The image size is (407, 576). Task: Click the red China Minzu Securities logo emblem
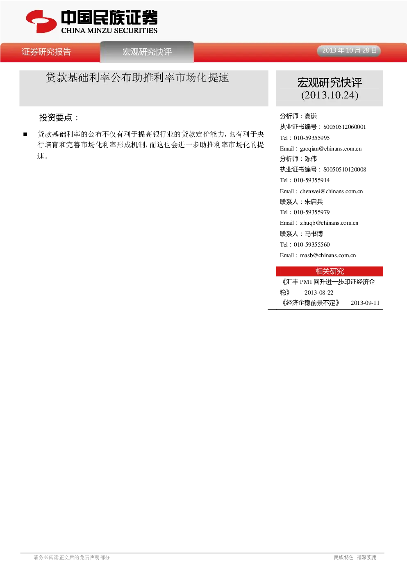click(41, 22)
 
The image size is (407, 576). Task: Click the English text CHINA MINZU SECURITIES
click(109, 31)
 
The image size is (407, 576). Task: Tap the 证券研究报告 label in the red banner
click(46, 52)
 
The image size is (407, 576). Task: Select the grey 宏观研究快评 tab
click(147, 52)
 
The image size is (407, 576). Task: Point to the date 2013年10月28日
click(349, 50)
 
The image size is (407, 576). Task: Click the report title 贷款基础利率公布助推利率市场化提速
click(137, 78)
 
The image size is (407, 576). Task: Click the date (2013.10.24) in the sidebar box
click(330, 95)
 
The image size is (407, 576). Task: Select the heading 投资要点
click(59, 117)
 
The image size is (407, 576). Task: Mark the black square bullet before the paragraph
click(25, 134)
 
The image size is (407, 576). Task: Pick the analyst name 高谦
click(311, 116)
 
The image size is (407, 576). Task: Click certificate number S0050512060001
click(345, 127)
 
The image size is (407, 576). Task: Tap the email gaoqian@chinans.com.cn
click(331, 149)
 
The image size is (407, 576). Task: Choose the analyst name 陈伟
click(311, 159)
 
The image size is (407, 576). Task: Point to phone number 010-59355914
click(312, 180)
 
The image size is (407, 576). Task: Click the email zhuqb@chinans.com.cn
click(329, 223)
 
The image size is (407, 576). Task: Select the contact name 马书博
click(314, 234)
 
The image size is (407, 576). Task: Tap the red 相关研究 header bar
click(330, 271)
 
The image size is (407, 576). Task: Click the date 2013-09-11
click(365, 303)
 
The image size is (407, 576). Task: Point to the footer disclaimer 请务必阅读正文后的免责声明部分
click(72, 557)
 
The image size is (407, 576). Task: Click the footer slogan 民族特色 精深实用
click(355, 557)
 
